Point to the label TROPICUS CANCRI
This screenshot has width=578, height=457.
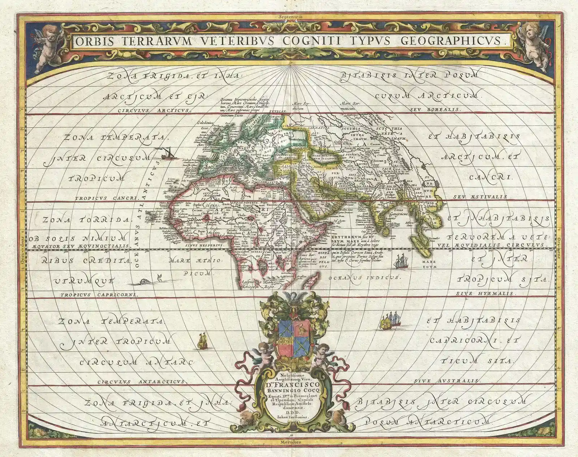coord(107,198)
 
